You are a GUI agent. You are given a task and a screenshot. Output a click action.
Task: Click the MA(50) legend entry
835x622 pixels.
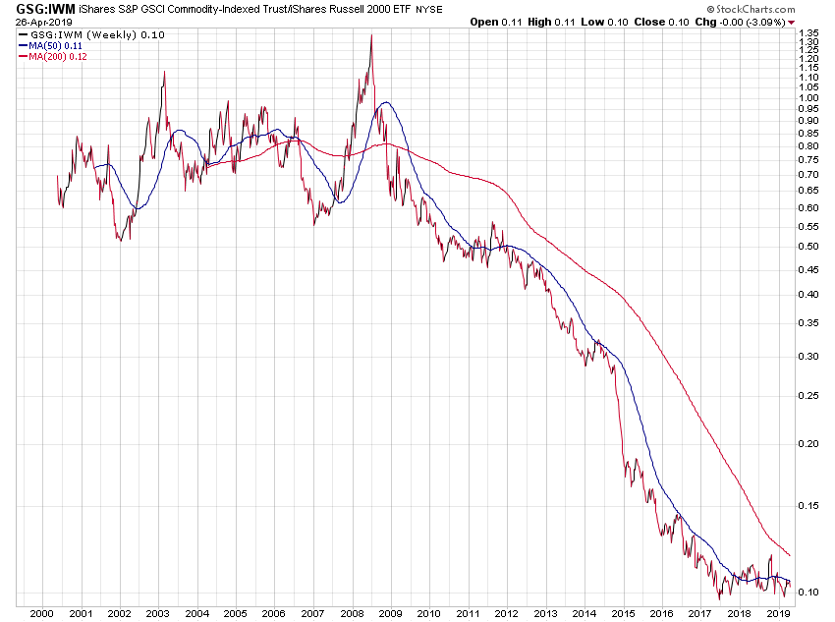click(x=53, y=46)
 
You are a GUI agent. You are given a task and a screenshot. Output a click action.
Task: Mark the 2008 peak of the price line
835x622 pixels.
click(x=370, y=36)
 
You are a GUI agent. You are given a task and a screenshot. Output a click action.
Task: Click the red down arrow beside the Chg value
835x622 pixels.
click(x=792, y=22)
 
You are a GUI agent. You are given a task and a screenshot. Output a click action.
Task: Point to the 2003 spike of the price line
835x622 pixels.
click(x=163, y=72)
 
